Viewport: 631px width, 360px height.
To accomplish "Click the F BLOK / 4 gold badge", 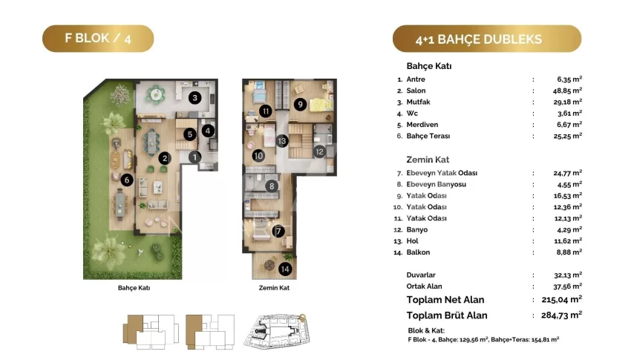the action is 98,39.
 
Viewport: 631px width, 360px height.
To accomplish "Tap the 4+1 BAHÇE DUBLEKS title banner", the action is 487,39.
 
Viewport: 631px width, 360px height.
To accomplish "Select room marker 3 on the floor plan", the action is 195,97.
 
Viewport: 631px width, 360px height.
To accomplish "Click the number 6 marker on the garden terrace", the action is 127,180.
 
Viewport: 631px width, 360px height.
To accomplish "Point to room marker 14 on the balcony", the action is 285,269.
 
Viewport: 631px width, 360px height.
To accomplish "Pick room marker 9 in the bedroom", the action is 300,105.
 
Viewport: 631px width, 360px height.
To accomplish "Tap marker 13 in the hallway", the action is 281,141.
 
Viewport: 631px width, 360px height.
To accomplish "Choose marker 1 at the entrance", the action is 194,157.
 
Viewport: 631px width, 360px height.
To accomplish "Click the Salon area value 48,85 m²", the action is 567,91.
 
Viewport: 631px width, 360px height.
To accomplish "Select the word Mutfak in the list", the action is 418,102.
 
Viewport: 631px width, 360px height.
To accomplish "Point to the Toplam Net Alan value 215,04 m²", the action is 562,300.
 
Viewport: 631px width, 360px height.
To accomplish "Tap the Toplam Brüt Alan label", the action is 447,315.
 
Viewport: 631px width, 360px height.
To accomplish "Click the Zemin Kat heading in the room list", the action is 428,160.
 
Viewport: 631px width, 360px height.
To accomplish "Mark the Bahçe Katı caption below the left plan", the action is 134,287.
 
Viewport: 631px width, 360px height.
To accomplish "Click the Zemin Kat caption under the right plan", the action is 274,287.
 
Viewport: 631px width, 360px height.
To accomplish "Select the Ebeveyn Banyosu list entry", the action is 437,184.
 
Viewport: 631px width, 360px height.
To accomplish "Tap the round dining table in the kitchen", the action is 156,95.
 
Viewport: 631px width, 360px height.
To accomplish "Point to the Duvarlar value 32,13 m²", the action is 568,275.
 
